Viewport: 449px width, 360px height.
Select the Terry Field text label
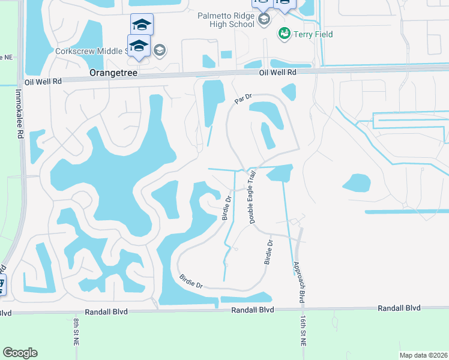point(313,34)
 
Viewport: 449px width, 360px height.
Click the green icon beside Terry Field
point(284,34)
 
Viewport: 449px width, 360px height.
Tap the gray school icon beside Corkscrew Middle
point(159,50)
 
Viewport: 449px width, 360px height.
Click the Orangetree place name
point(113,73)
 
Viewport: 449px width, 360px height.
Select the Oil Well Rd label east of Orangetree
point(278,72)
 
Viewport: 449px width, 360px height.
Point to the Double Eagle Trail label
point(253,197)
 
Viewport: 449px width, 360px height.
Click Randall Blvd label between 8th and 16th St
point(253,310)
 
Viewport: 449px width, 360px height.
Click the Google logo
point(20,353)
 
